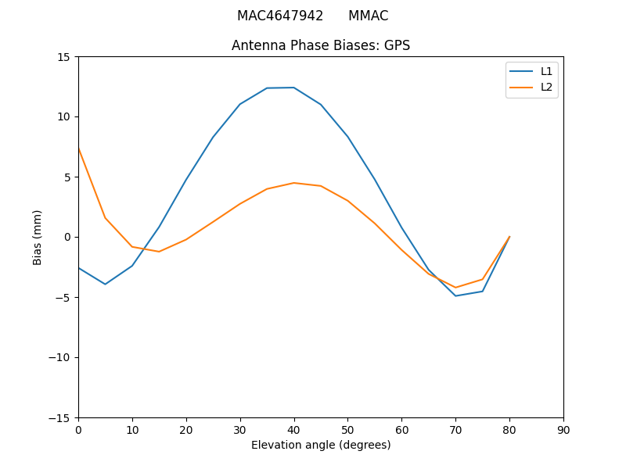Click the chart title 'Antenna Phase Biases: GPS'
click(x=321, y=45)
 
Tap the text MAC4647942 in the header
click(x=280, y=16)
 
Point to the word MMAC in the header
click(x=368, y=16)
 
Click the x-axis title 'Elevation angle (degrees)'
click(x=321, y=445)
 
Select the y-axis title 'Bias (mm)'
click(x=38, y=237)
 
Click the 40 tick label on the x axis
click(x=294, y=429)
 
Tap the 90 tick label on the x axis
click(x=563, y=429)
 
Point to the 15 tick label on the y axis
click(x=63, y=57)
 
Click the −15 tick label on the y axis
click(x=59, y=417)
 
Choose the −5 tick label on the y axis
click(x=63, y=297)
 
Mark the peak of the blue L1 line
click(x=294, y=88)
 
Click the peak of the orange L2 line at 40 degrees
click(x=294, y=183)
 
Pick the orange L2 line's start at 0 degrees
click(x=78, y=149)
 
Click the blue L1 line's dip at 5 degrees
click(x=105, y=284)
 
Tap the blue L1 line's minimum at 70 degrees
click(x=455, y=295)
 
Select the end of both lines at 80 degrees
click(x=509, y=237)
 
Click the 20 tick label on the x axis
click(x=186, y=429)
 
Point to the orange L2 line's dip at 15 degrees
click(x=159, y=252)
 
